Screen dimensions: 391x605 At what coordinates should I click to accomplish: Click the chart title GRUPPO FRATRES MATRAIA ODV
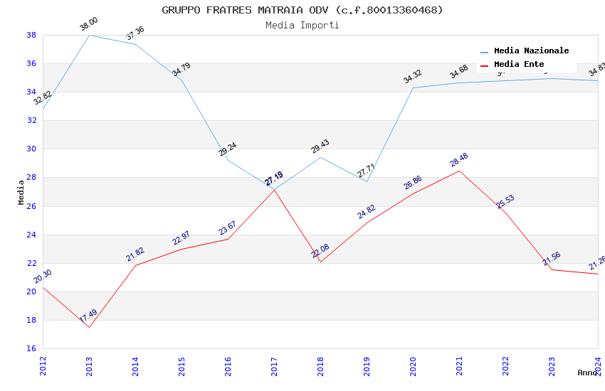coord(302,10)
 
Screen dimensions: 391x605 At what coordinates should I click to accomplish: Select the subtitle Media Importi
coord(302,25)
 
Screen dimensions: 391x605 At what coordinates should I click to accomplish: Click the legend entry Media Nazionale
coord(531,50)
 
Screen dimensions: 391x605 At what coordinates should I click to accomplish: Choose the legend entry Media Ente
coord(518,64)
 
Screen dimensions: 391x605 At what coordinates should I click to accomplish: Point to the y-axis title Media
coord(21,192)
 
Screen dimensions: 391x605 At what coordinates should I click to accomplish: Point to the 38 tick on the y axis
coord(31,35)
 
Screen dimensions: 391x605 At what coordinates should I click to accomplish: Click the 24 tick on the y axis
coord(31,235)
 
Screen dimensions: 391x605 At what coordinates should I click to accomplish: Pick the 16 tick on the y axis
coord(31,348)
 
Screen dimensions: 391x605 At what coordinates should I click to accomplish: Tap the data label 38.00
coord(89,24)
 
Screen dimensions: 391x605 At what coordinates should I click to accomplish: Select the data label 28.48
coord(459,160)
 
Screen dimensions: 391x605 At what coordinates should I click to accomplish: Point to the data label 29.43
coord(320,146)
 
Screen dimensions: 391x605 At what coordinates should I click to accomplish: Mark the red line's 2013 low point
coord(89,327)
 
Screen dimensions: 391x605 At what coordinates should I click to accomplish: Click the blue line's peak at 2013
coord(89,35)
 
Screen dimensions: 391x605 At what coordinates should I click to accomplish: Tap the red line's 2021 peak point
coord(459,171)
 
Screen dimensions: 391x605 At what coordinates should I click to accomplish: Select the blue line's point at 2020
coord(413,87)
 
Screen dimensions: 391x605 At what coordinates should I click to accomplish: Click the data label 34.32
coord(413,77)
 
